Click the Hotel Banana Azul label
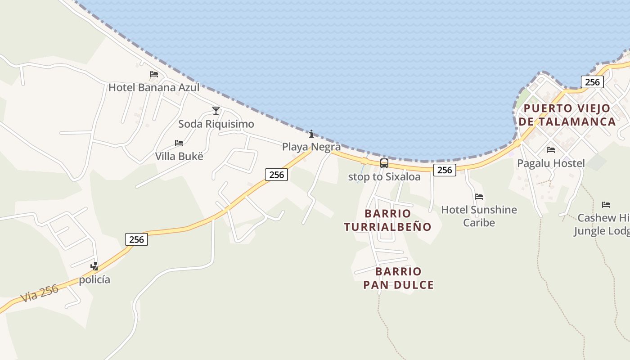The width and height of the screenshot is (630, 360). (x=154, y=87)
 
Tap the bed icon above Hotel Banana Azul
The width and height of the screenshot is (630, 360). (x=154, y=74)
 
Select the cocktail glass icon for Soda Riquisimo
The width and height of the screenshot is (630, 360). (x=216, y=111)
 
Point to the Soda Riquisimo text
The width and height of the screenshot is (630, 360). (x=216, y=124)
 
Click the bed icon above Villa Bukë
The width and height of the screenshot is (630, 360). (x=179, y=143)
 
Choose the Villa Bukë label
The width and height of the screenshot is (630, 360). (x=179, y=156)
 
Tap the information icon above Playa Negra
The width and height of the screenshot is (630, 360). (x=311, y=134)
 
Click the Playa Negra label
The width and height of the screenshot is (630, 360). (x=311, y=147)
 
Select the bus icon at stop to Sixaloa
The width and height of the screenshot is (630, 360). (x=384, y=163)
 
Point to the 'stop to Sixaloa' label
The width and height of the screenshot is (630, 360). (x=384, y=177)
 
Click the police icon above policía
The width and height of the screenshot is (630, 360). (x=94, y=266)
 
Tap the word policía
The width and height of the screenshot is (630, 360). (x=94, y=279)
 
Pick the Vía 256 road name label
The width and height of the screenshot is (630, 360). (x=40, y=293)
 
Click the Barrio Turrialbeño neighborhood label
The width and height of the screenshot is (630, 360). (x=388, y=220)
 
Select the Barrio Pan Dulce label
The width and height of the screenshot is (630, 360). (x=399, y=278)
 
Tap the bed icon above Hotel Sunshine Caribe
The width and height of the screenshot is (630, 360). (x=479, y=197)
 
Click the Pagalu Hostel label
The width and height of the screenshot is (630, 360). (x=551, y=163)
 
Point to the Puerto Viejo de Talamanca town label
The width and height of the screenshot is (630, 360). (x=567, y=115)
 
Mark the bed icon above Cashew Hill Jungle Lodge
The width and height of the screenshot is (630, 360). (x=606, y=205)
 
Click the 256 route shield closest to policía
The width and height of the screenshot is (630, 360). (x=136, y=239)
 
